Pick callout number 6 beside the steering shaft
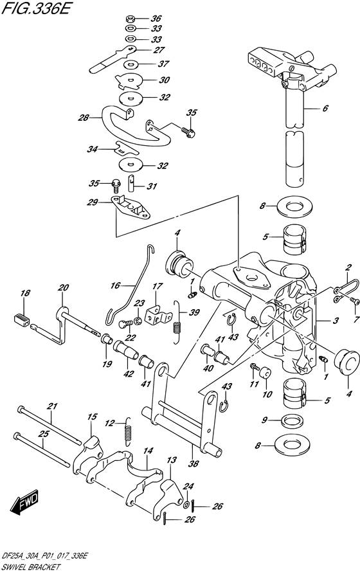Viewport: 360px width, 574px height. tap(343, 109)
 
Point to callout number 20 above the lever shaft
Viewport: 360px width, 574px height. tap(63, 288)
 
